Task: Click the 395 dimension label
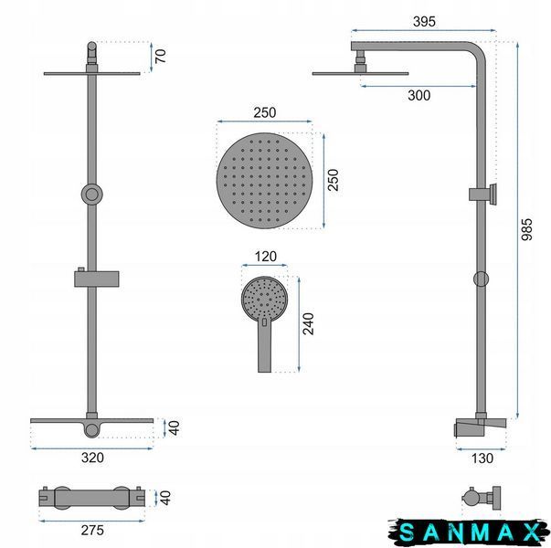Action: click(424, 22)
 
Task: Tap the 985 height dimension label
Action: click(526, 229)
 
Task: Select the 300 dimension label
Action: click(419, 95)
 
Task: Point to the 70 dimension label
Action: click(160, 57)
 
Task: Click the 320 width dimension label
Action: click(92, 458)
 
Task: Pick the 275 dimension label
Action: click(92, 530)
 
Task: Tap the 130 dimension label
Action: click(482, 458)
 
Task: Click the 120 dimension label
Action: click(265, 257)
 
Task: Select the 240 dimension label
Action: click(309, 324)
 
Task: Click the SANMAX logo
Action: click(469, 532)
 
